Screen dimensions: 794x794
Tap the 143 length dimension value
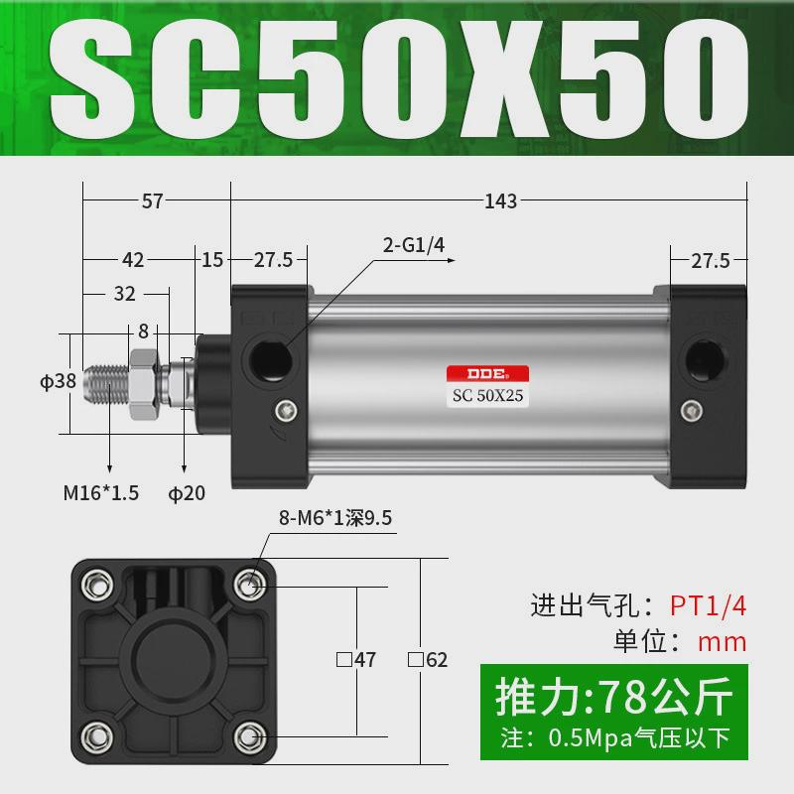501,201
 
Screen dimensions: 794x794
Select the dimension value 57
152,201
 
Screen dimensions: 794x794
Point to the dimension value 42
133,260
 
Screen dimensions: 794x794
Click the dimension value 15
212,260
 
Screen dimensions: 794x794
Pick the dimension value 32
124,294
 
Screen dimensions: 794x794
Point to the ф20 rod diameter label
188,491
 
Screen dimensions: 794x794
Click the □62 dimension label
429,658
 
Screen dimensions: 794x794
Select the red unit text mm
722,641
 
